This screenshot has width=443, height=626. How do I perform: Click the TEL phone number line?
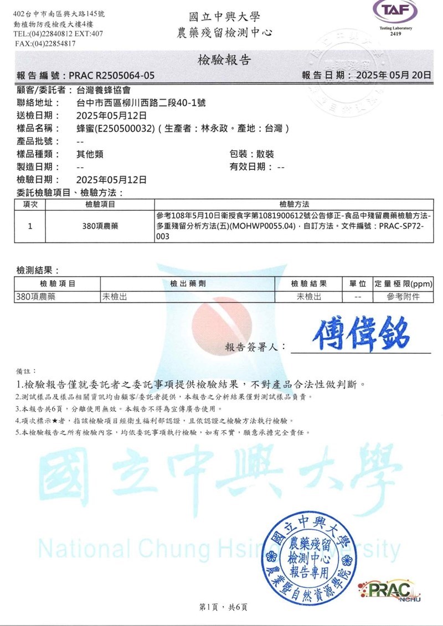pos(58,34)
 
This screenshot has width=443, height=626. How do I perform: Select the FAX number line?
pos(45,44)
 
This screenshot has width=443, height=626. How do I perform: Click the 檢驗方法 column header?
pos(295,204)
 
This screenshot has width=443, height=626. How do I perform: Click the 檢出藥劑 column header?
pos(188,284)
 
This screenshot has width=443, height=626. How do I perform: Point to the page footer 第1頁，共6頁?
pos(223,607)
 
